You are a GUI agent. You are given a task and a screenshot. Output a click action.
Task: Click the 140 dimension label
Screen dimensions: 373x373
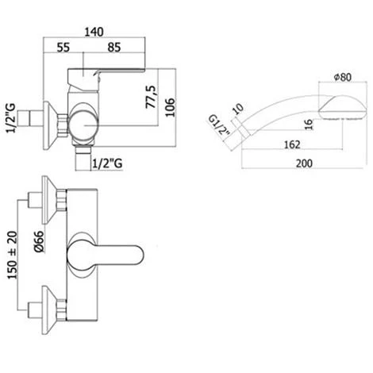[94, 32]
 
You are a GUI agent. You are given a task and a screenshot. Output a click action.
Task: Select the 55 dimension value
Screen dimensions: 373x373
[63, 48]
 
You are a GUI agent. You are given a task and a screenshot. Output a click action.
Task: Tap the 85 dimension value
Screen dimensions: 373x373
[114, 48]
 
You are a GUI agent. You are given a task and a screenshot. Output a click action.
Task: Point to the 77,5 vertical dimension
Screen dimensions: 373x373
[152, 97]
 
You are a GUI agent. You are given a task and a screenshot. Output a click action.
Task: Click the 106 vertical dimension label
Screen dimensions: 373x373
[170, 107]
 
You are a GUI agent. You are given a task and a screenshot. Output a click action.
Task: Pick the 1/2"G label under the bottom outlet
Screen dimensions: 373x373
[107, 163]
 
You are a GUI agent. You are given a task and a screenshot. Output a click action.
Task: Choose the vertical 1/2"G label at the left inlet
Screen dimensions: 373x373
[10, 118]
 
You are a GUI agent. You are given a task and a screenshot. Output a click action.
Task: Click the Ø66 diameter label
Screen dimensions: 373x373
[40, 241]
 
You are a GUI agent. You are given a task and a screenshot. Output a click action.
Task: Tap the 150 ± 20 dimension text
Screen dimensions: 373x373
[13, 255]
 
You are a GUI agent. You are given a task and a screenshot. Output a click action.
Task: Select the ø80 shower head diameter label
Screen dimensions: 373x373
[343, 77]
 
